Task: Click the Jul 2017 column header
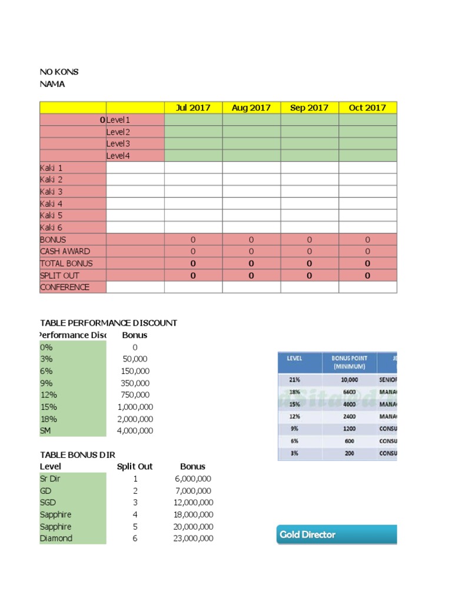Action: tap(193, 108)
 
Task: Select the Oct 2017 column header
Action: tap(367, 108)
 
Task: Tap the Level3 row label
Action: tap(118, 144)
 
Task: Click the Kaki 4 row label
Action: tap(51, 203)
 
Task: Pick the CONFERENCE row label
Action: tap(65, 287)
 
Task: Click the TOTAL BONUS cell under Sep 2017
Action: tap(309, 263)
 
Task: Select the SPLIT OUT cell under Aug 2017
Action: tap(251, 276)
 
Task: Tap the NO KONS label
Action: tap(59, 72)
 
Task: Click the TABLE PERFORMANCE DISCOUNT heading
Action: tap(108, 323)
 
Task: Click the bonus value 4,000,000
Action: tap(135, 431)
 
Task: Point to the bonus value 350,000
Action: tap(136, 383)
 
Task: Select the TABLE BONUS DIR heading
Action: tap(77, 455)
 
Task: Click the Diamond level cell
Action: tap(56, 539)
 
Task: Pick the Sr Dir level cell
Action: tap(51, 479)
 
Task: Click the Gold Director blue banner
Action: tap(336, 534)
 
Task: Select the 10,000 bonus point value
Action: tap(349, 380)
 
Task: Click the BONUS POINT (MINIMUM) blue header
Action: tap(349, 362)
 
